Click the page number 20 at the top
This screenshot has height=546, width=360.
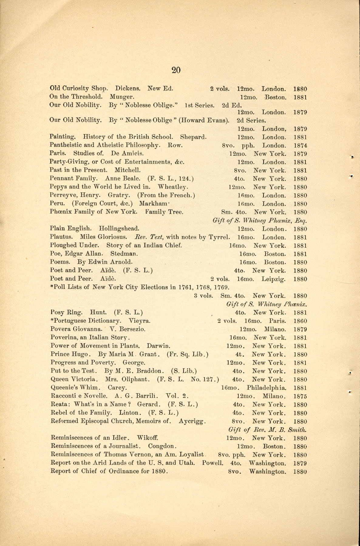click(176, 70)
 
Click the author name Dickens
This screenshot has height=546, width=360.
click(127, 89)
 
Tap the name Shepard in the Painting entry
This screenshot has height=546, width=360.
click(193, 137)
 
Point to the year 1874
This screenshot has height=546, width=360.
click(300, 145)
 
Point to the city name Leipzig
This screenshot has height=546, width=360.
click(273, 279)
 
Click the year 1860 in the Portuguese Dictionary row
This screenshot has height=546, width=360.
click(300, 321)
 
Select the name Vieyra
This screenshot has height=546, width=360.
click(140, 321)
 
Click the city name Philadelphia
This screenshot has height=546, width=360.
click(267, 388)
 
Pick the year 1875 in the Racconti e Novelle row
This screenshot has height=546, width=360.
click(300, 396)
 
